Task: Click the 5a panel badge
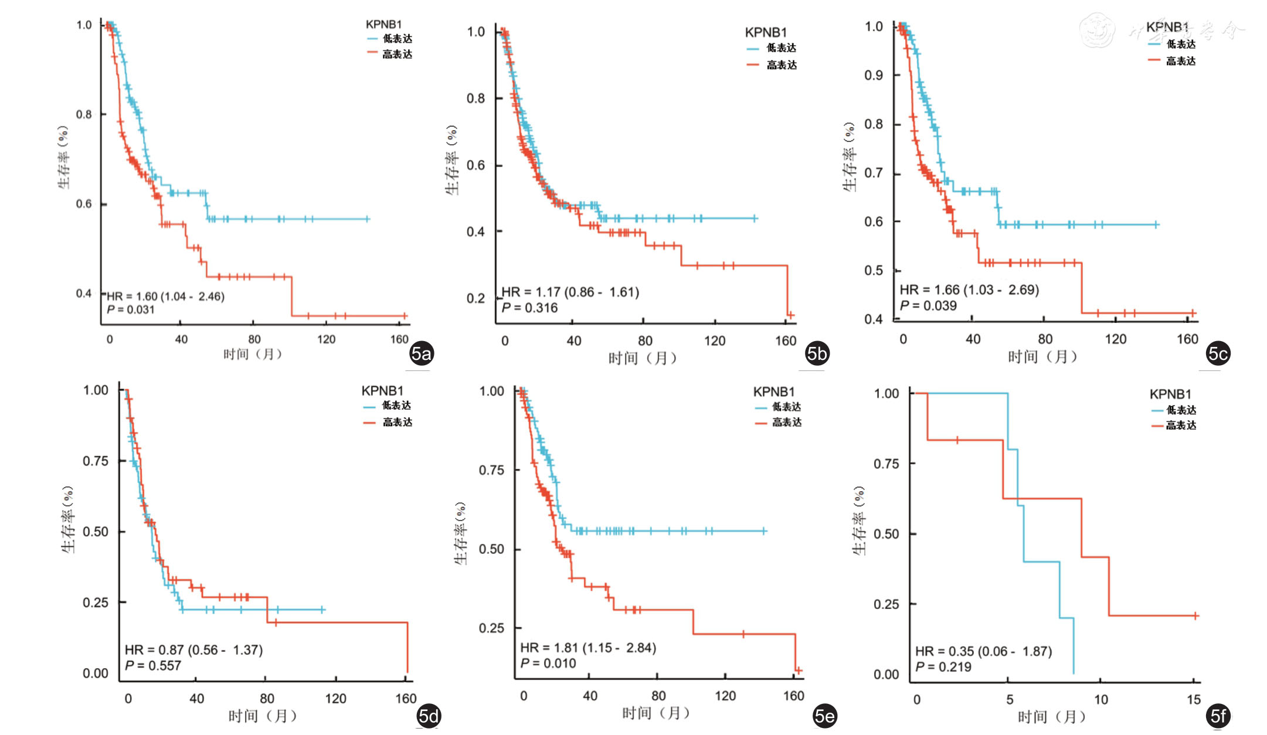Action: pyautogui.click(x=421, y=353)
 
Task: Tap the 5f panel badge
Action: pyautogui.click(x=1218, y=716)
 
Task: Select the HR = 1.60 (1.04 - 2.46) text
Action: pyautogui.click(x=165, y=297)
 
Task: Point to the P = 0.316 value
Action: pyautogui.click(x=529, y=308)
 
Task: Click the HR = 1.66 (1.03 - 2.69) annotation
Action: pyautogui.click(x=969, y=290)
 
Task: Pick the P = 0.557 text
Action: pyautogui.click(x=152, y=665)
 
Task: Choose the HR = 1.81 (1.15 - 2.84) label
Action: pyautogui.click(x=588, y=648)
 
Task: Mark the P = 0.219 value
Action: pyautogui.click(x=943, y=666)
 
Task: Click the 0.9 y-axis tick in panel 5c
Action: pyautogui.click(x=874, y=75)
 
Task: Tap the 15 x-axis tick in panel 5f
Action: pyautogui.click(x=1194, y=699)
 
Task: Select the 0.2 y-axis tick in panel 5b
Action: pyautogui.click(x=475, y=298)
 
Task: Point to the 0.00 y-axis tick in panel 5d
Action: pyautogui.click(x=96, y=673)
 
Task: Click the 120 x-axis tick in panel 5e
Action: pyautogui.click(x=725, y=696)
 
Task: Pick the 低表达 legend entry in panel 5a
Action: pyautogui.click(x=397, y=39)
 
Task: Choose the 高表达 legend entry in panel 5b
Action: pyautogui.click(x=781, y=65)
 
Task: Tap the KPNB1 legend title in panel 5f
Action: pyautogui.click(x=1170, y=394)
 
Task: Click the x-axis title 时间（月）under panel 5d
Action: pyautogui.click(x=262, y=716)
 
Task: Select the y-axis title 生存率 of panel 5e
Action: pyautogui.click(x=461, y=533)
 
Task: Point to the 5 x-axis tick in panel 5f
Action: pyautogui.click(x=1010, y=699)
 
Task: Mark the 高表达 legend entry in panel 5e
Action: pyautogui.click(x=786, y=422)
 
